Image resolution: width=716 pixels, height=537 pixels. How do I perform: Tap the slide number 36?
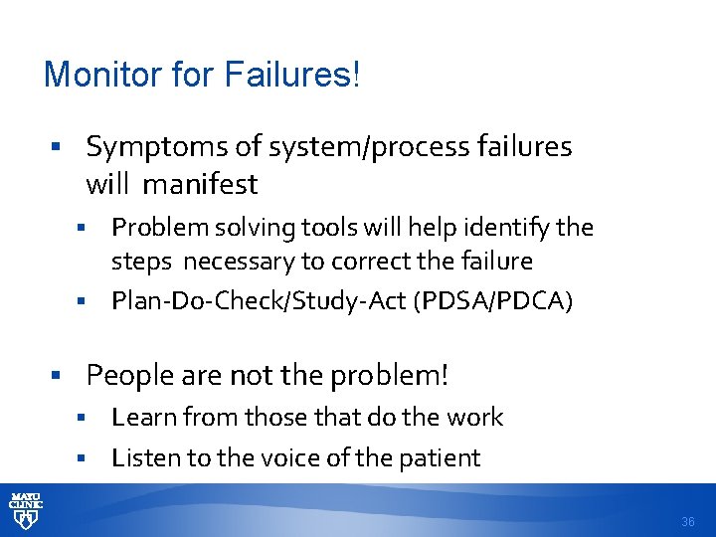(x=688, y=522)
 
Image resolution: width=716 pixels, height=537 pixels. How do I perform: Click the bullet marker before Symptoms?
(x=58, y=148)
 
